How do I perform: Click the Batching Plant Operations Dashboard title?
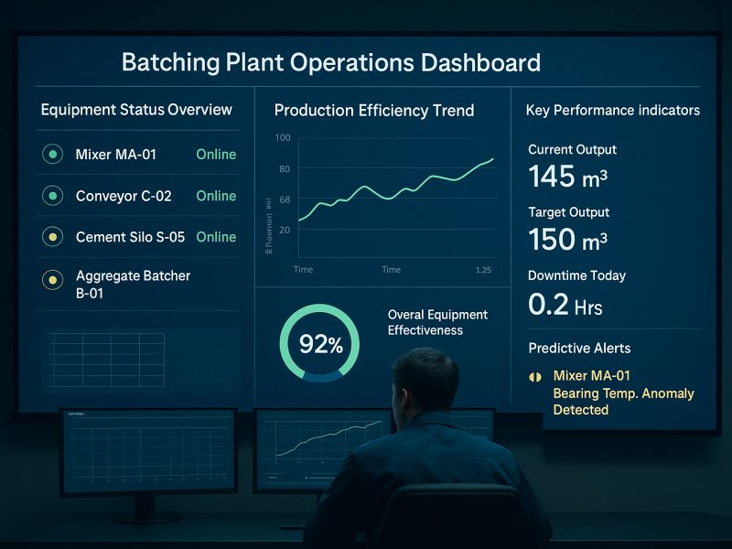[x=330, y=63]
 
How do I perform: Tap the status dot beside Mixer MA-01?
[x=53, y=155]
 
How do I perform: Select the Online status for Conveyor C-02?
[x=216, y=196]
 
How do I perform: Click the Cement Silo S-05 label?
[x=130, y=237]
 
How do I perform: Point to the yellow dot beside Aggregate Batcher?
[x=53, y=279]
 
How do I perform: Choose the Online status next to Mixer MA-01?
[x=216, y=155]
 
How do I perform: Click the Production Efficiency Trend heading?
[x=374, y=111]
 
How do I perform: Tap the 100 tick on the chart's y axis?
[x=282, y=137]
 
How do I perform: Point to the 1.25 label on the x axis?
[x=484, y=270]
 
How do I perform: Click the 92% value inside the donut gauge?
[x=320, y=345]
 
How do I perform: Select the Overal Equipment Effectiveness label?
[x=437, y=322]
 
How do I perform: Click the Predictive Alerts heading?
[x=579, y=348]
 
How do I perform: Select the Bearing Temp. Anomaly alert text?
[x=623, y=393]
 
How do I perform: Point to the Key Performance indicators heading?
[x=612, y=111]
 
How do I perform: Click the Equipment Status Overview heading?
[x=136, y=110]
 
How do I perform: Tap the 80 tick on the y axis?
[x=284, y=169]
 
